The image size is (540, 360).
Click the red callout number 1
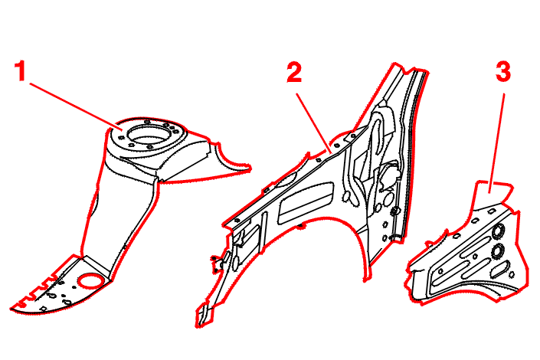[21, 71]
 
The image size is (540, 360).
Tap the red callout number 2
[294, 72]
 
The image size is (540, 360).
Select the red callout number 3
[502, 72]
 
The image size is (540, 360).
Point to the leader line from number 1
[76, 106]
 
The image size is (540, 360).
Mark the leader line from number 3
[497, 142]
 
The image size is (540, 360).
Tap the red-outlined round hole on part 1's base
[90, 280]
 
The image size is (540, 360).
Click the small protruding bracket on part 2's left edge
[217, 263]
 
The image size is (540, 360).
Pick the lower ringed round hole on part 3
[498, 250]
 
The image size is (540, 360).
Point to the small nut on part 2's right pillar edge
[394, 210]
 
